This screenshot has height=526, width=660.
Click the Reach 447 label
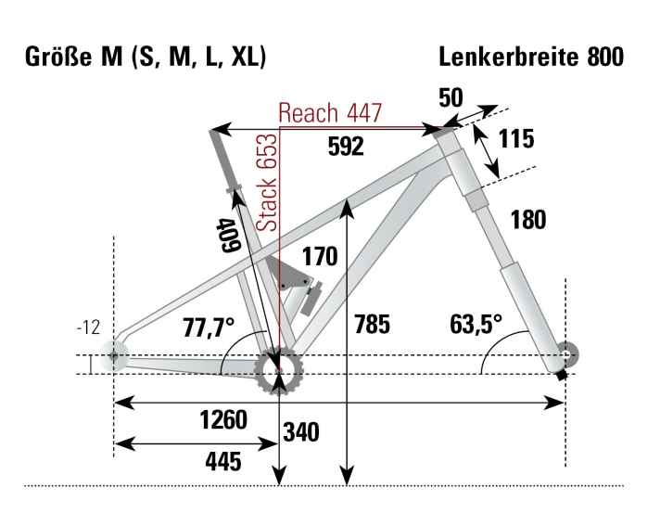(330, 112)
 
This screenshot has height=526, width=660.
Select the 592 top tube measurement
(345, 147)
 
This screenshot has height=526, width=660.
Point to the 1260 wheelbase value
(223, 420)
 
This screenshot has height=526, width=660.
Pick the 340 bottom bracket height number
(301, 432)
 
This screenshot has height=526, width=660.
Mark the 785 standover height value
(371, 325)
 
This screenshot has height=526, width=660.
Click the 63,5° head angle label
(475, 324)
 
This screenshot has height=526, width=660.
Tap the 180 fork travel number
(527, 220)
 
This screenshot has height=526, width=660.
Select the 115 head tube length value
(516, 139)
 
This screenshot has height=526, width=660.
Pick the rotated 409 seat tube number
(230, 235)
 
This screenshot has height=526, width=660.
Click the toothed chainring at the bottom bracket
(279, 370)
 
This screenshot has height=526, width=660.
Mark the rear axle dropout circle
(114, 355)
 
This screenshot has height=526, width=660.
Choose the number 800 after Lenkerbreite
(605, 58)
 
